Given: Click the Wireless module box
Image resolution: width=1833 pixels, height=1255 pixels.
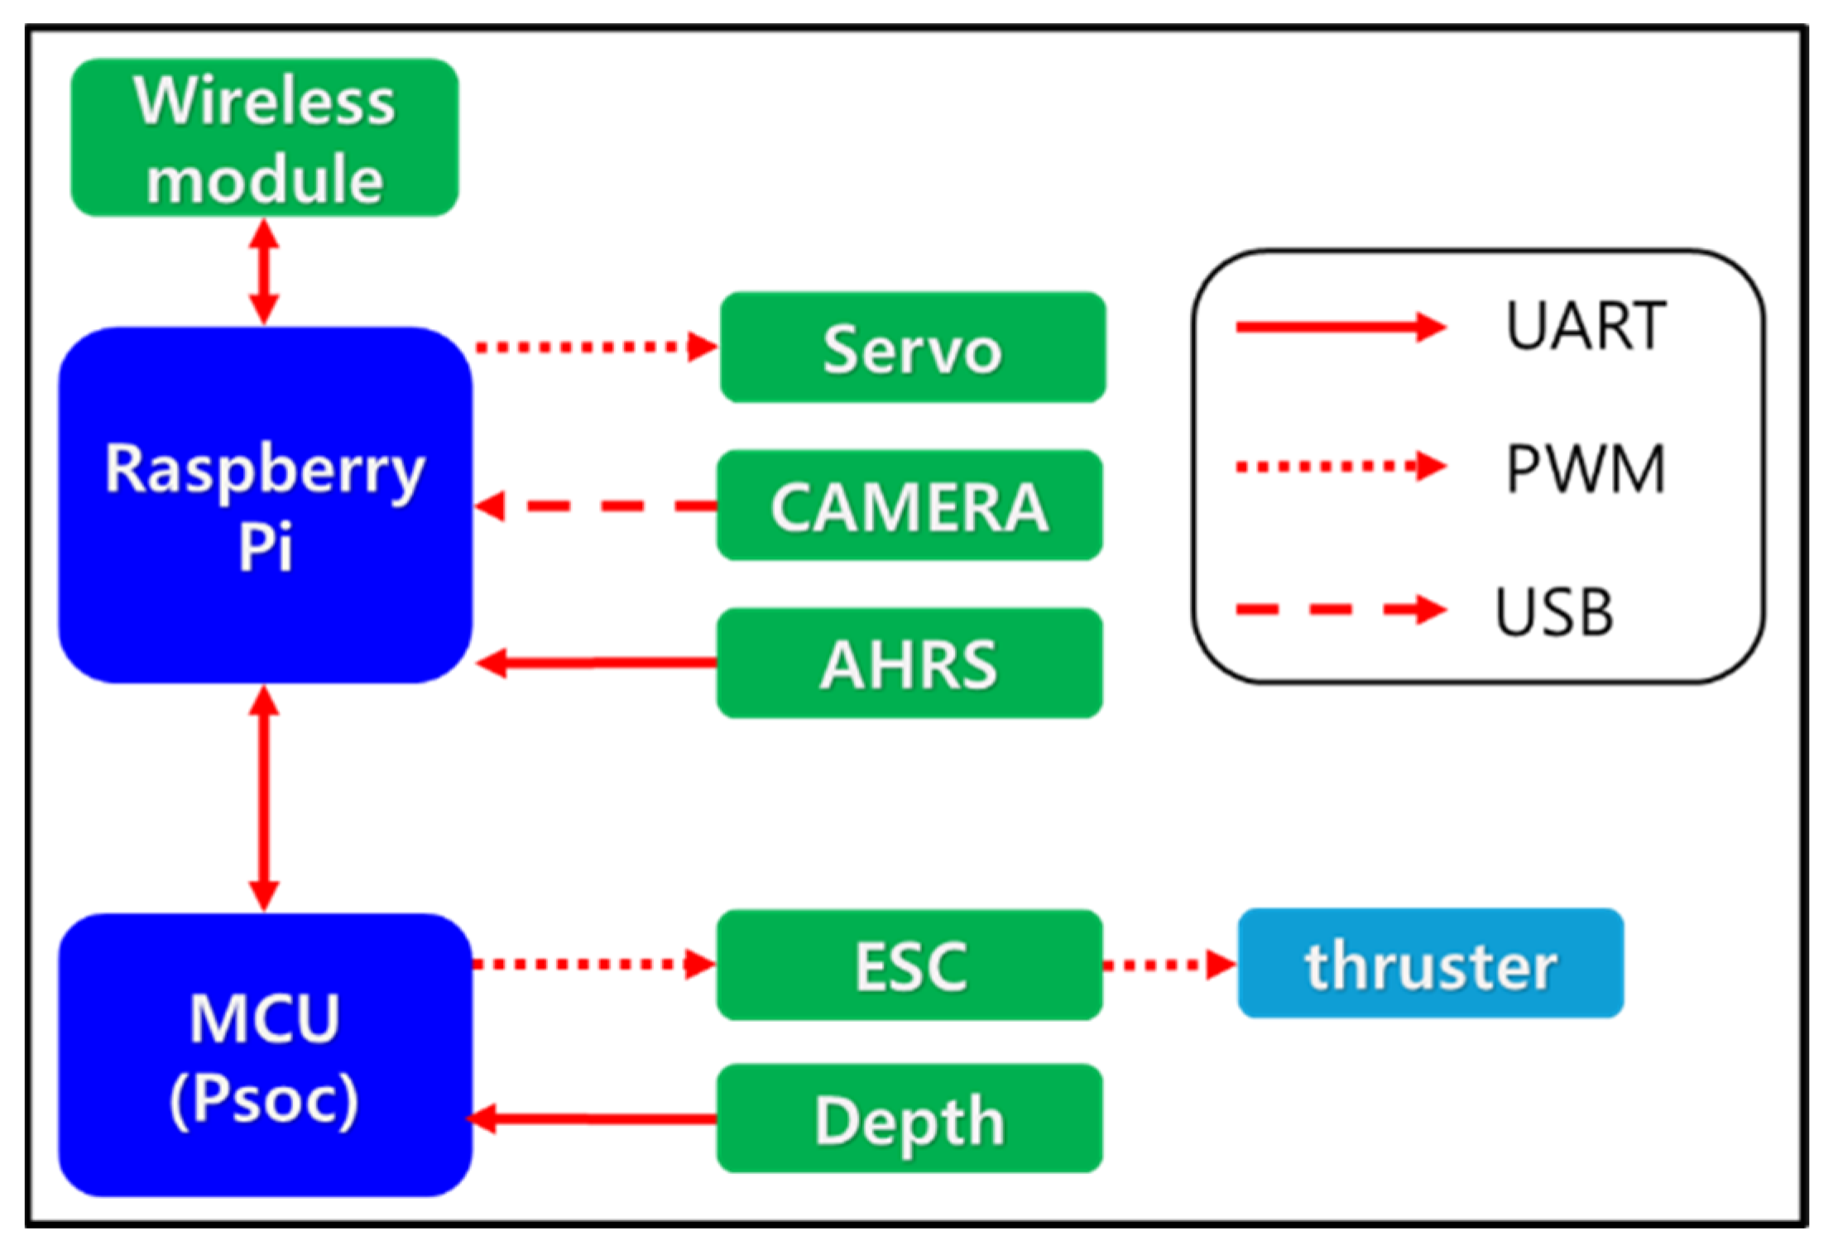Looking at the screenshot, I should coord(265,137).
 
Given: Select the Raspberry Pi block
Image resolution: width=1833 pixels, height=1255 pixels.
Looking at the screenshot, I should coord(265,505).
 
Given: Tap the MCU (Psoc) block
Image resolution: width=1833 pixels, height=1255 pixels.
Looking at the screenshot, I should coord(265,1056).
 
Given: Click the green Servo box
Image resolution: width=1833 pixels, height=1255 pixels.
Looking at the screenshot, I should coord(913,347).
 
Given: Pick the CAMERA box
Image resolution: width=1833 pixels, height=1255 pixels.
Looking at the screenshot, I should coord(909,505).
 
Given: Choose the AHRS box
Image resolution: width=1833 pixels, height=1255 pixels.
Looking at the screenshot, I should coord(909,663).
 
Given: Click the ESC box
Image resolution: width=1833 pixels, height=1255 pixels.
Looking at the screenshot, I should coord(909,965).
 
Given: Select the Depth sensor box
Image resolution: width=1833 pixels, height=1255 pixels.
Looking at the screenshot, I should coord(909,1119).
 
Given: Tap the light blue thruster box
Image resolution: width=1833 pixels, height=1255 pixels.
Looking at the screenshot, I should coord(1431,964).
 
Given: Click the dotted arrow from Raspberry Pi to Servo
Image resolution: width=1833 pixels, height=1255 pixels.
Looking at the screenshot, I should coord(596,347).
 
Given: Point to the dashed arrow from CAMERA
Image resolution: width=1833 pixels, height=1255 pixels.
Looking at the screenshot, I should coord(596,505).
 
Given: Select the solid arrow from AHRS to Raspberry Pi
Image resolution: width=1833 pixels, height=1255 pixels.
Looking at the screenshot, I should coord(596,663).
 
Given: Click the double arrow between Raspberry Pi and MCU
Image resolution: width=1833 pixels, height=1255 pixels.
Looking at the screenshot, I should coord(264,799).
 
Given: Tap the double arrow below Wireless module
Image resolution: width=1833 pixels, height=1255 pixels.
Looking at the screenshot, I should coord(264,272).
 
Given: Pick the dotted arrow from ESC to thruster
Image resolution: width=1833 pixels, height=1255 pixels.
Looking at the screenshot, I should coord(1169,965).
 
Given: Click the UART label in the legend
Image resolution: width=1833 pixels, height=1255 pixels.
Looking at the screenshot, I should coord(1586,326).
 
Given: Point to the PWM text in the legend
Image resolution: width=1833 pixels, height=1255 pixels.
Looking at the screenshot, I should coord(1586,468).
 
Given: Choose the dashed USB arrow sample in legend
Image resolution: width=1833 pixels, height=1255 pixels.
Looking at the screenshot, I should coord(1341,611).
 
